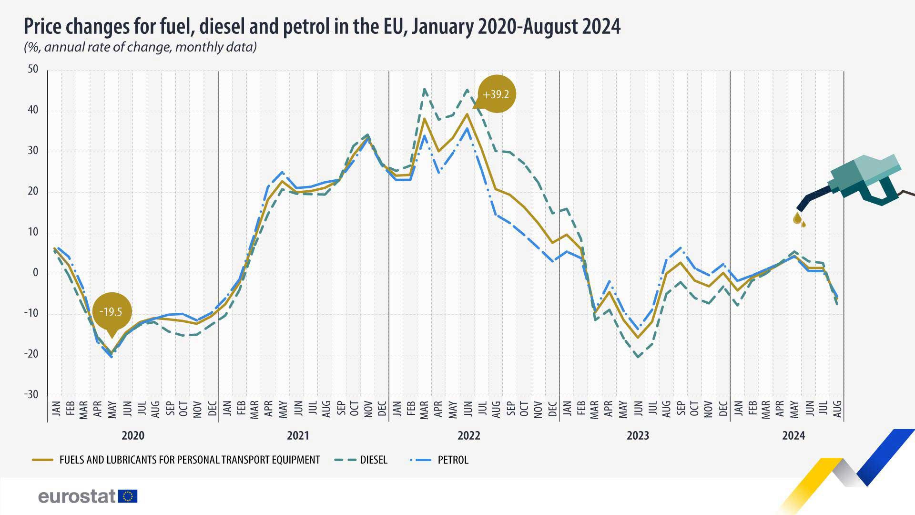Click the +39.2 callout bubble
click(496, 94)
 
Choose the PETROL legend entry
click(439, 460)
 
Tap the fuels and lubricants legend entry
click(176, 460)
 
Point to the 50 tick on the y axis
click(33, 69)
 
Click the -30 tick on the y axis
click(31, 395)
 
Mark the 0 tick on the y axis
click(36, 273)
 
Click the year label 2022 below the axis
click(469, 435)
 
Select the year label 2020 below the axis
click(133, 435)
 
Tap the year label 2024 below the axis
click(793, 435)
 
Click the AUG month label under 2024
click(837, 409)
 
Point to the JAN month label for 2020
click(56, 409)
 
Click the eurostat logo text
click(77, 496)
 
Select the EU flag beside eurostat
click(127, 496)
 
